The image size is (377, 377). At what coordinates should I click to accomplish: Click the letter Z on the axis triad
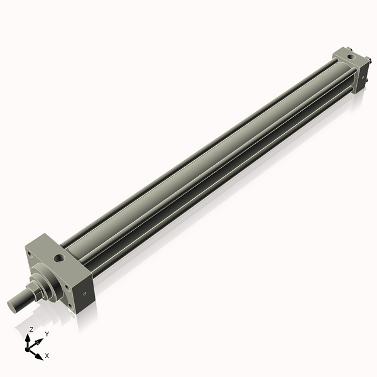[x=31, y=329]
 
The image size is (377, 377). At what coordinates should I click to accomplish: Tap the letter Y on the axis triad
[x=46, y=334]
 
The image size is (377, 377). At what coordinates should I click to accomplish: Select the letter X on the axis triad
[x=47, y=356]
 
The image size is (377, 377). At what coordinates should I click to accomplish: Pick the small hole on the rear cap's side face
[x=362, y=78]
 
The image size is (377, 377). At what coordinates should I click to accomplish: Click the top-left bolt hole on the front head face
[x=28, y=254]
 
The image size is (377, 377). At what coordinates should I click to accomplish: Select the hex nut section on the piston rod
[x=37, y=288]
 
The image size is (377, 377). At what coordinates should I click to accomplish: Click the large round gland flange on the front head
[x=48, y=280]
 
